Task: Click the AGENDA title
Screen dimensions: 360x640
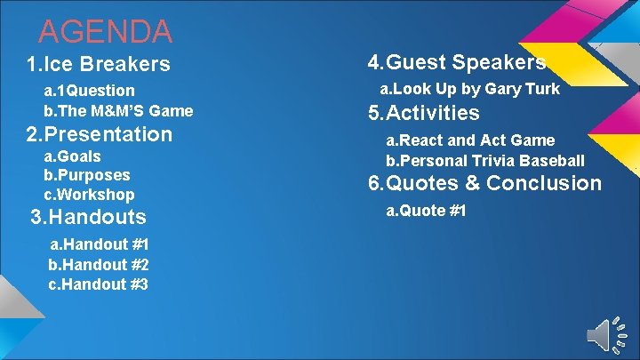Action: pyautogui.click(x=105, y=31)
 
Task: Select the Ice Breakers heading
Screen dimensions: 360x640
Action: pyautogui.click(x=98, y=64)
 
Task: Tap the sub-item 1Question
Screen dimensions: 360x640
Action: pyautogui.click(x=90, y=91)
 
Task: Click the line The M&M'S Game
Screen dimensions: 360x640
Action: pyautogui.click(x=118, y=111)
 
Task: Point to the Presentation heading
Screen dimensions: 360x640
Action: pyautogui.click(x=99, y=135)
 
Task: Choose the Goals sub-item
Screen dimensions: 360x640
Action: pyautogui.click(x=72, y=156)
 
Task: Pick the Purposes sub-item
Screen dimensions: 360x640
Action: pyautogui.click(x=87, y=175)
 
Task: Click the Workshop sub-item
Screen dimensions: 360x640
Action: pyautogui.click(x=89, y=195)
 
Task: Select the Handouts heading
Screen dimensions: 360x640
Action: pyautogui.click(x=88, y=217)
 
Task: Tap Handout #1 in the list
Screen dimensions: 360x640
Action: pyautogui.click(x=99, y=244)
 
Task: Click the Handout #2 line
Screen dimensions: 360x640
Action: pyautogui.click(x=99, y=264)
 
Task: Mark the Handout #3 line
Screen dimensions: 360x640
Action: pyautogui.click(x=99, y=284)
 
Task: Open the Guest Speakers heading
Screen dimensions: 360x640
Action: pyautogui.click(x=457, y=62)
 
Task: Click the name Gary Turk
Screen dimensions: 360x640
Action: pyautogui.click(x=528, y=89)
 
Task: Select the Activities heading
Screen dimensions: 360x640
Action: pyautogui.click(x=423, y=113)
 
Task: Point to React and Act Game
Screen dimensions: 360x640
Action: pyautogui.click(x=469, y=140)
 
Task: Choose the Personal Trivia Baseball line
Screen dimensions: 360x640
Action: pyautogui.click(x=484, y=161)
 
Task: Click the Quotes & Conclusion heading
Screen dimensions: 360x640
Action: pyautogui.click(x=484, y=184)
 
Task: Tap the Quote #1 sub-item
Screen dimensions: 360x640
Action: pyautogui.click(x=426, y=211)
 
